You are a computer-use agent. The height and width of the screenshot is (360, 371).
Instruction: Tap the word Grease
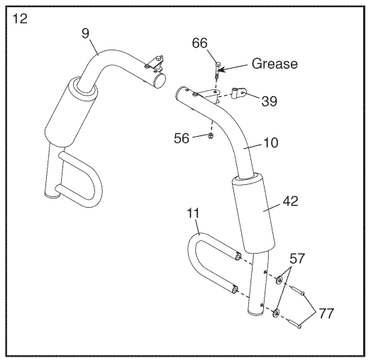click(274, 64)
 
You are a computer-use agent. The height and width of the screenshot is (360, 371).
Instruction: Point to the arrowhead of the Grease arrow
click(221, 69)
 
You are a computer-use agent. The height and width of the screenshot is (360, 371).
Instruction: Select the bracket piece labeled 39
click(238, 92)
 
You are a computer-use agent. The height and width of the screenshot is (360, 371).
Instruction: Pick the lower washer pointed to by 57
click(277, 313)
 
